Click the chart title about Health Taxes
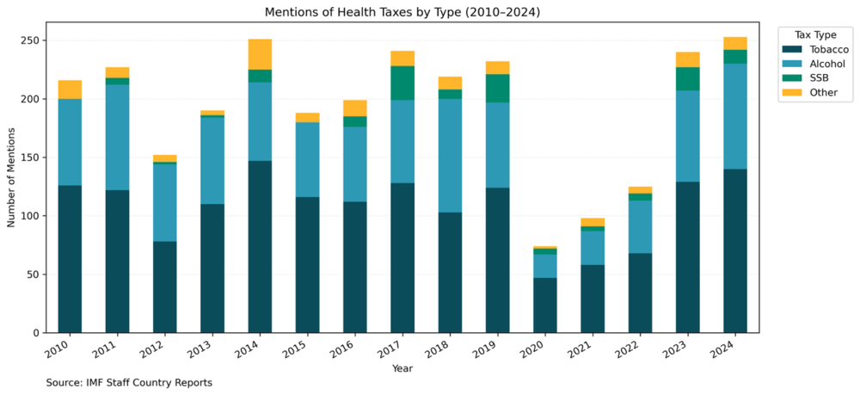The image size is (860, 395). coord(402,11)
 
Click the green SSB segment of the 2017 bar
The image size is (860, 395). coord(402,83)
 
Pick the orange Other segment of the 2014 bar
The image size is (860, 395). coord(260,54)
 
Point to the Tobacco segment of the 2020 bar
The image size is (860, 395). coord(544,305)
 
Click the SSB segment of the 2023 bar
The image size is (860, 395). coord(687,79)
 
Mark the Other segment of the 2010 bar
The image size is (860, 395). coord(70,89)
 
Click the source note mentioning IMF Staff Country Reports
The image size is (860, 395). coord(129,382)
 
